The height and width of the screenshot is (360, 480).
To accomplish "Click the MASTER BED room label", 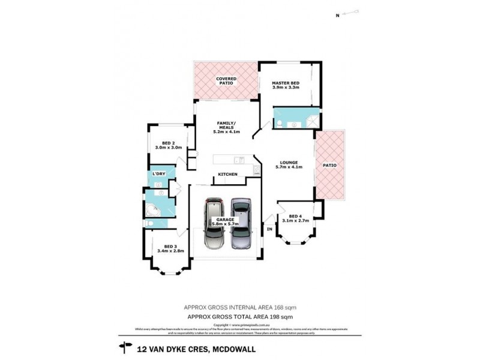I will (285, 83).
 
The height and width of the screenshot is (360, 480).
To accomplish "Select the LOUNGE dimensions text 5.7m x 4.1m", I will (289, 167).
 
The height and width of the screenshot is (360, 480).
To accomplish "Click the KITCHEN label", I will (227, 175).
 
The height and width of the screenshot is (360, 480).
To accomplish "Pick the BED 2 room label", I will (168, 142).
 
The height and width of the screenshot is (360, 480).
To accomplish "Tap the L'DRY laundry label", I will (158, 174).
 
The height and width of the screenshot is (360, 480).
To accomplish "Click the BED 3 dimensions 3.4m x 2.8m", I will (170, 251).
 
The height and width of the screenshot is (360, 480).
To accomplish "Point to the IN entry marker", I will (269, 229).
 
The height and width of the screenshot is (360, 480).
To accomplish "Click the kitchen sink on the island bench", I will (238, 160).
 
